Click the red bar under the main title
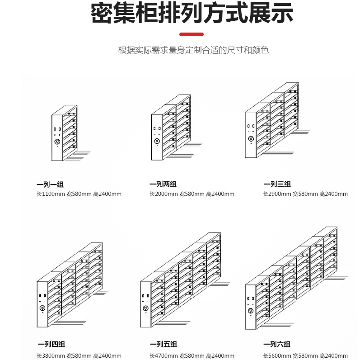pyautogui.click(x=191, y=34)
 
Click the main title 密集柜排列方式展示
pyautogui.click(x=192, y=13)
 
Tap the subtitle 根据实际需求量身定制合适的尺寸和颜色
pyautogui.click(x=193, y=50)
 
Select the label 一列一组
pyautogui.click(x=50, y=185)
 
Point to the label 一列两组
pyautogui.click(x=163, y=184)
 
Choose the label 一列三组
pyautogui.click(x=277, y=184)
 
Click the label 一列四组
pyautogui.click(x=51, y=344)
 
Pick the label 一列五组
pyautogui.click(x=163, y=344)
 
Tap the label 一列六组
pyautogui.click(x=277, y=344)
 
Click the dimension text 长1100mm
pyautogui.click(x=51, y=194)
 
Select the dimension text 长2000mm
pyautogui.click(x=164, y=194)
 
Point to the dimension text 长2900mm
pyautogui.click(x=277, y=194)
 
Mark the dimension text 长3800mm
pyautogui.click(x=51, y=356)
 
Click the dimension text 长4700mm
pyautogui.click(x=164, y=356)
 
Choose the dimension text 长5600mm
pyautogui.click(x=277, y=356)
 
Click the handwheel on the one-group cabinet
pyautogui.click(x=57, y=142)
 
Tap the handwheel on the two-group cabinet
pyautogui.click(x=157, y=141)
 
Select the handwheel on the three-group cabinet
pyautogui.click(x=251, y=139)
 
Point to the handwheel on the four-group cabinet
pyautogui.click(x=42, y=308)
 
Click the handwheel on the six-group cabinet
pyautogui.click(x=251, y=311)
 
